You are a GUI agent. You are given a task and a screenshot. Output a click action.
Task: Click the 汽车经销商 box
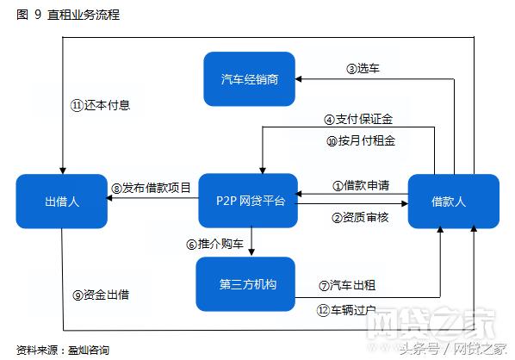[249, 78]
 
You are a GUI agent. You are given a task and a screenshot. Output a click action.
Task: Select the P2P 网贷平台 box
[247, 201]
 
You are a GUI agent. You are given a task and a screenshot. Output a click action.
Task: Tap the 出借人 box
[61, 201]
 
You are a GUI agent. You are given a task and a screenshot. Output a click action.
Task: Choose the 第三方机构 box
[247, 283]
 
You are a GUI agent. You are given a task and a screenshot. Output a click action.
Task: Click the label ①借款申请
[361, 185]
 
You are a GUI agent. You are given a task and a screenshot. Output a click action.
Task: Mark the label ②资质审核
[361, 217]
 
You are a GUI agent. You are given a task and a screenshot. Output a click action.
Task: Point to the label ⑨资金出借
[101, 295]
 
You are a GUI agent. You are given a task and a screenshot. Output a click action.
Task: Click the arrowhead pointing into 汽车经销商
[301, 78]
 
